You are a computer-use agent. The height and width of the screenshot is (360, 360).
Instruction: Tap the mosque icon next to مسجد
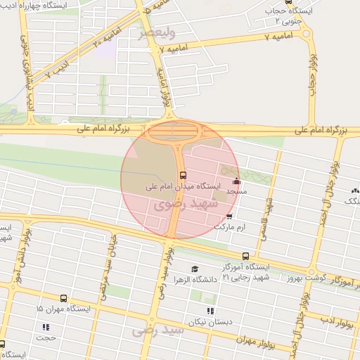[236, 181]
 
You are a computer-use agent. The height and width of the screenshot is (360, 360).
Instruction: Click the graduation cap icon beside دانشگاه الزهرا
[195, 268]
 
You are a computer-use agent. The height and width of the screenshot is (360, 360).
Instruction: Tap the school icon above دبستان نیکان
[208, 310]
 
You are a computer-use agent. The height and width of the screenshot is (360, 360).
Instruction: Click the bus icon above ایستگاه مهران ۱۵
[64, 298]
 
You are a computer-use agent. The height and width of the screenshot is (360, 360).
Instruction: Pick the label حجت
[47, 337]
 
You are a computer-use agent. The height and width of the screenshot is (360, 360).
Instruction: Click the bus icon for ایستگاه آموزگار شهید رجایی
[245, 256]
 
